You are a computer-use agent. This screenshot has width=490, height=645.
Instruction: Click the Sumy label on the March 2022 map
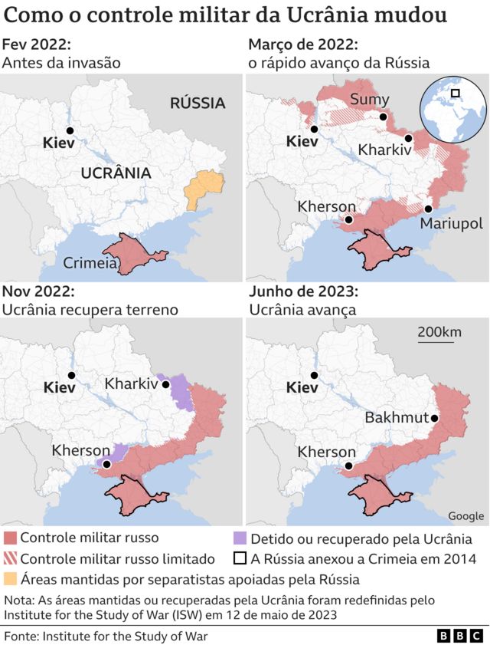click(370, 99)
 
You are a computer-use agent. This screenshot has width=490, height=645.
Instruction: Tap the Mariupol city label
click(450, 223)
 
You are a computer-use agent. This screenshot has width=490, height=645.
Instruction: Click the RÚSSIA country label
click(198, 103)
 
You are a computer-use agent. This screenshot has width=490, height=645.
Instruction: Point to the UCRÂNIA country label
click(116, 173)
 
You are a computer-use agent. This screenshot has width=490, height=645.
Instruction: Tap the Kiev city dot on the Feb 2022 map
click(70, 131)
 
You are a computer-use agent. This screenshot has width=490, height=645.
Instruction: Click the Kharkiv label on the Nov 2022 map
click(131, 383)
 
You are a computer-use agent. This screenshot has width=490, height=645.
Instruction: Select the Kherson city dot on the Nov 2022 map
click(107, 464)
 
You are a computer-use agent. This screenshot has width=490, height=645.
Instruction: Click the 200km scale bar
click(439, 333)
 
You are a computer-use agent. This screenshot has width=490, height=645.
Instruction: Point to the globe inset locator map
click(452, 108)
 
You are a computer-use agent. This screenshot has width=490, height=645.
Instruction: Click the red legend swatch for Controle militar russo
click(10, 538)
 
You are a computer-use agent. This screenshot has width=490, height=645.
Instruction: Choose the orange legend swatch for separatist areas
click(10, 579)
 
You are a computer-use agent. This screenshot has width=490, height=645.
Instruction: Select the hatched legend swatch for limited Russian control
click(10, 559)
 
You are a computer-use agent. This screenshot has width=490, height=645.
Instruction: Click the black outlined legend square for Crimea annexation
click(239, 559)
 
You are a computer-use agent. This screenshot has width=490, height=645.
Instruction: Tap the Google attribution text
click(465, 515)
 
